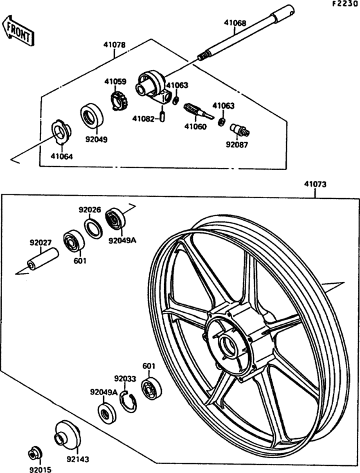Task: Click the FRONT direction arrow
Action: [x=17, y=31]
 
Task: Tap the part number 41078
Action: [x=114, y=46]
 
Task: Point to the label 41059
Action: [x=116, y=82]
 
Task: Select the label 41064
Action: [x=62, y=155]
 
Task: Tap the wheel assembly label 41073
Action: [x=315, y=184]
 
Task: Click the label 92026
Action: [x=89, y=209]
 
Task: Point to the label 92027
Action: [x=40, y=243]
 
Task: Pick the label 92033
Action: [x=125, y=379]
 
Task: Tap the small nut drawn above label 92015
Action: [x=34, y=453]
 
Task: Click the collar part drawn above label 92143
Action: [x=66, y=436]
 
